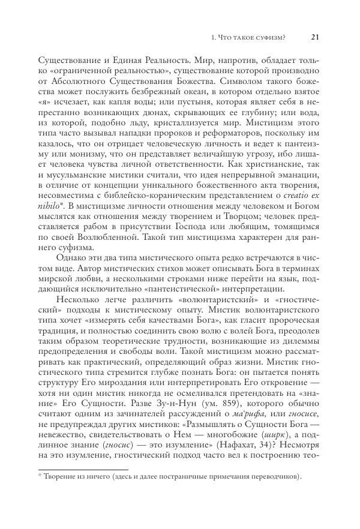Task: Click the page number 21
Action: [x=316, y=37]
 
